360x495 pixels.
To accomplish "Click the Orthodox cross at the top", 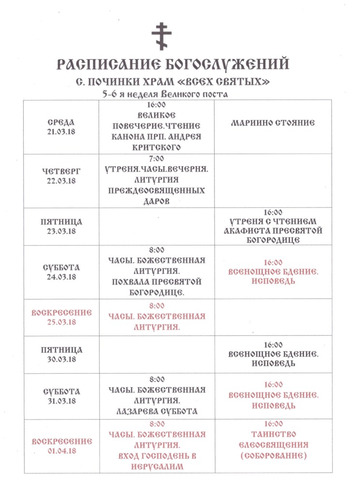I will coord(161,35).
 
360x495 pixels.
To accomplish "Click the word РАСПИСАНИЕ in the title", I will coord(104,64).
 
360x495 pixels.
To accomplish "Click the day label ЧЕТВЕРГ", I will coord(61,171).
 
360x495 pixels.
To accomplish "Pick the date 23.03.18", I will coord(61,231).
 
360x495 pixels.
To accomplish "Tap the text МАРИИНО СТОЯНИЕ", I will coord(273,123).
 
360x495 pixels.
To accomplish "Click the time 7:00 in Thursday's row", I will coord(155,159).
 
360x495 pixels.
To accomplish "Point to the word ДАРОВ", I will coord(155,202).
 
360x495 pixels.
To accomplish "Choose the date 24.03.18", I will coord(61,277).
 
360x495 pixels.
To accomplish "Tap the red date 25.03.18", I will coord(61,321).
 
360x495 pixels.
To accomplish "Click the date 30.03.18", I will coord(61,359).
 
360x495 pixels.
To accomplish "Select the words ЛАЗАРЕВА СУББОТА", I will coord(155,411).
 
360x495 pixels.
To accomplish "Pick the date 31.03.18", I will coord(61,401).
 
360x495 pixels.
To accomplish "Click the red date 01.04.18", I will coord(61,451).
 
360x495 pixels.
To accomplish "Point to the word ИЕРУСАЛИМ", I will coord(155,466).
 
